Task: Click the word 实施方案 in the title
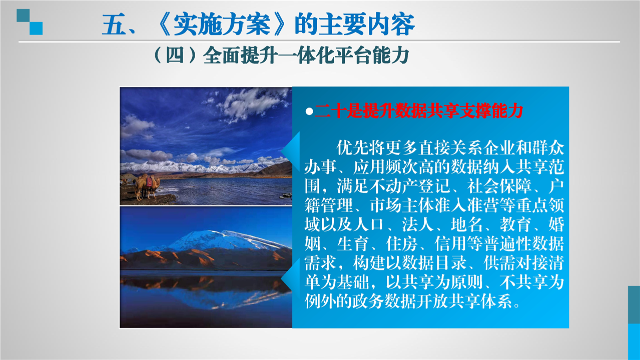point(222,24)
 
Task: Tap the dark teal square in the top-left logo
point(23,15)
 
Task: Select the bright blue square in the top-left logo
point(36,28)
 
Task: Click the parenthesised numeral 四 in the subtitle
point(175,54)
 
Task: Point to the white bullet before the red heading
point(309,111)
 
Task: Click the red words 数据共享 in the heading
point(427,111)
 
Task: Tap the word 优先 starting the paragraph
point(353,147)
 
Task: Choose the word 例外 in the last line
point(321,301)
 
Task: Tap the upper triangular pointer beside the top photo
point(291,151)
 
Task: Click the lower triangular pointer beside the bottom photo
point(291,279)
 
